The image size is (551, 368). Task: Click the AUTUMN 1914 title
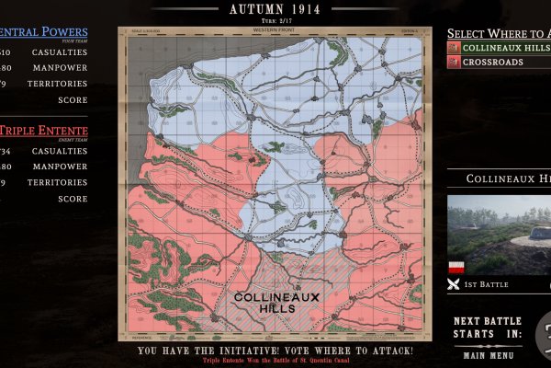coord(275,9)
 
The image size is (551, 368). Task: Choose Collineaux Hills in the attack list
coord(505,47)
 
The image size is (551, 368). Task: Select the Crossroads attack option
coord(493,62)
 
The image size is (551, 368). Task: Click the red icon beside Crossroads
coord(454,62)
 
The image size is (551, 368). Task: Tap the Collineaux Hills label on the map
coord(264,303)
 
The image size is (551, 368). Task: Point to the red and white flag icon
coord(455,268)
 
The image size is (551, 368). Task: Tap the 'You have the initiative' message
coord(275,351)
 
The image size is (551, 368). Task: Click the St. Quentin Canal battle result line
coord(275,362)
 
